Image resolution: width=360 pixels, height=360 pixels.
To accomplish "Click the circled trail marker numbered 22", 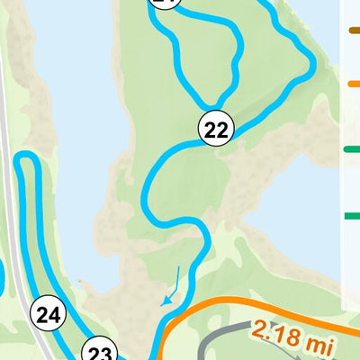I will pos(216,130).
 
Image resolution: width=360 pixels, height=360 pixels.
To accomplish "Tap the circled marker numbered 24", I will pos(49,314).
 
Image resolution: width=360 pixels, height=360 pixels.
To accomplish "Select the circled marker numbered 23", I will pos(102,351).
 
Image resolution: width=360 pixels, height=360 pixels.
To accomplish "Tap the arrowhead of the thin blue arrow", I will pos(164,303).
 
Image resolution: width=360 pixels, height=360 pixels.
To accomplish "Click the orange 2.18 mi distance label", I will pos(289,337).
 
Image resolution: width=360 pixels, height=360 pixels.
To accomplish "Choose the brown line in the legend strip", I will pos(354,30).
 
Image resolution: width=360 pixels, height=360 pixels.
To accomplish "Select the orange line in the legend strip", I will pos(354,84).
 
